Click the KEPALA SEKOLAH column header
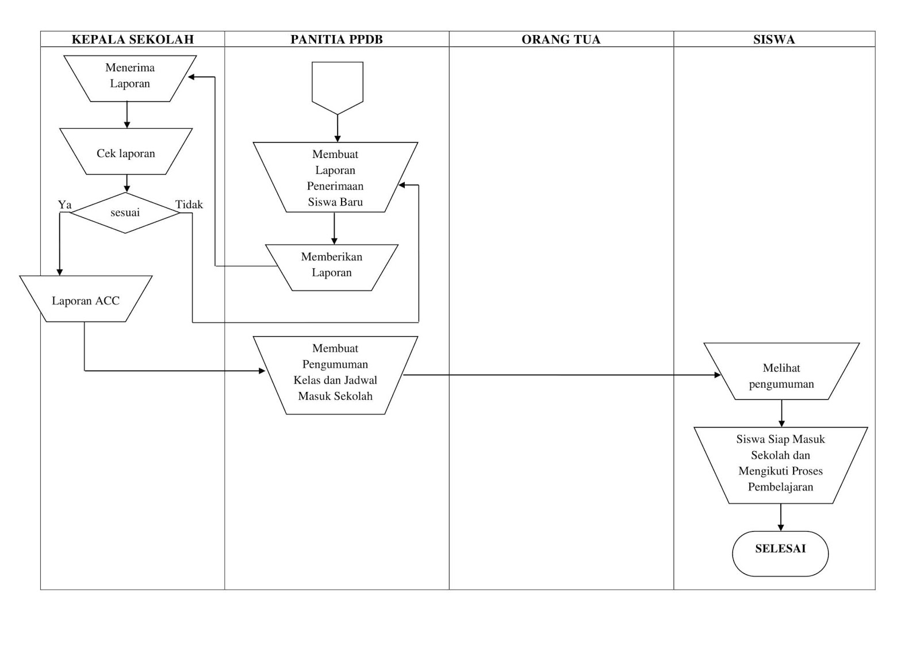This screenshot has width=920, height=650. coord(132,39)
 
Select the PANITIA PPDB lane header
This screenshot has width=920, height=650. coord(336,39)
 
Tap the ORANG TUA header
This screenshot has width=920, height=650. coord(561,39)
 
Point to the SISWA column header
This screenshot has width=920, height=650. coord(774,39)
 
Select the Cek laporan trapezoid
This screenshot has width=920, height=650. coord(126,152)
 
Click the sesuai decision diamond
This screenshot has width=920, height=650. coord(125,213)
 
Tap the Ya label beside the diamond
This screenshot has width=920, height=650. coord(64,205)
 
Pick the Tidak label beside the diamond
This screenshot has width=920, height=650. coord(189,205)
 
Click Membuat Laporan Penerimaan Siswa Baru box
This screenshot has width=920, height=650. coord(335,178)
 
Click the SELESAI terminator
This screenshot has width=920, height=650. coord(780,552)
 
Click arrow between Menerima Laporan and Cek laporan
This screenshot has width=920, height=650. coord(127,115)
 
